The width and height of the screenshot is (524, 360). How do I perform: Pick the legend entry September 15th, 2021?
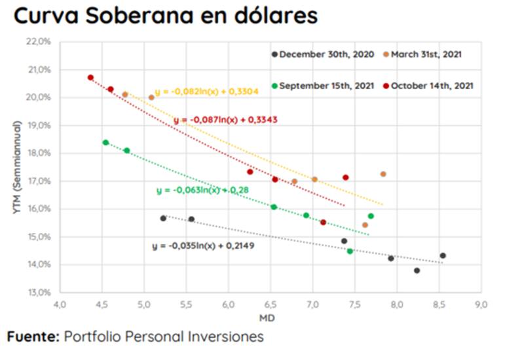click(324, 86)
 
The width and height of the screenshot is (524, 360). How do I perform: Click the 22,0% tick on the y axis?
click(39, 41)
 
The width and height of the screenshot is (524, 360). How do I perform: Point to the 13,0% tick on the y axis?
click(39, 292)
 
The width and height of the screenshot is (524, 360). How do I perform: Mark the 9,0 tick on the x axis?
click(481, 305)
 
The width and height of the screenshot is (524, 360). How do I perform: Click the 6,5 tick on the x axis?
click(270, 305)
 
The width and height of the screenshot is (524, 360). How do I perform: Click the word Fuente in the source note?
click(33, 337)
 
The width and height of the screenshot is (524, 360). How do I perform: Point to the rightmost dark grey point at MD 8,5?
click(443, 255)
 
